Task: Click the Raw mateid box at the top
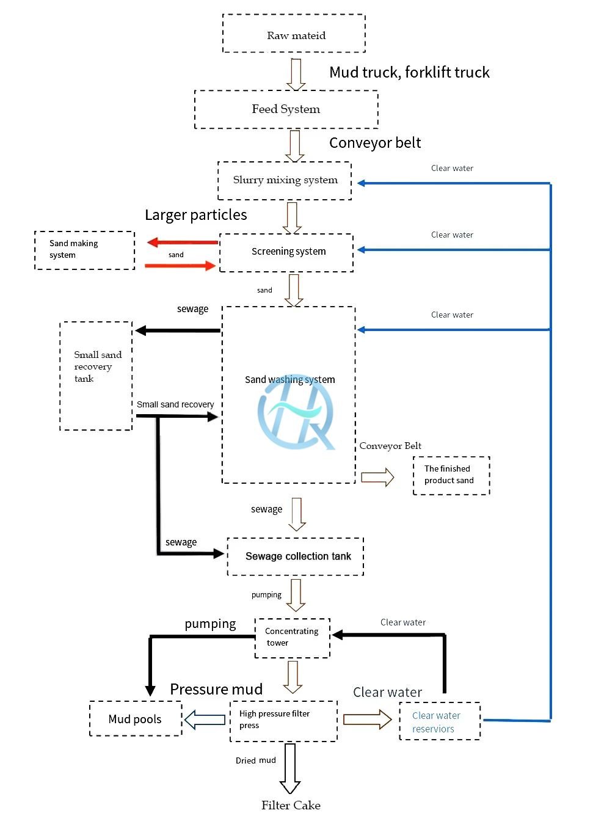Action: point(294,34)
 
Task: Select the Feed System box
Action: point(286,109)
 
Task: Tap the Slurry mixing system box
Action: point(285,180)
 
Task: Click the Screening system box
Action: point(286,252)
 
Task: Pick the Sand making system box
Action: point(84,250)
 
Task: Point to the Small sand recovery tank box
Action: point(96,376)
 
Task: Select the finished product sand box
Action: point(451,475)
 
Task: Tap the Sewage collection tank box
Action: point(296,556)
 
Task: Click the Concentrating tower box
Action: point(292,638)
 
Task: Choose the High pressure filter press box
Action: point(283,721)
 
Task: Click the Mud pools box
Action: point(136,719)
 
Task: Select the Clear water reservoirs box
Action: point(440,721)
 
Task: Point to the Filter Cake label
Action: point(291,806)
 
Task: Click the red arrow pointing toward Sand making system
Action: point(182,242)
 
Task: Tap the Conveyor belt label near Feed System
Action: point(375,143)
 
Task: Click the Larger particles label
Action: point(195,215)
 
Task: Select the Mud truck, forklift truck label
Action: point(409,73)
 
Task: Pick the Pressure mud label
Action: point(216,689)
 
